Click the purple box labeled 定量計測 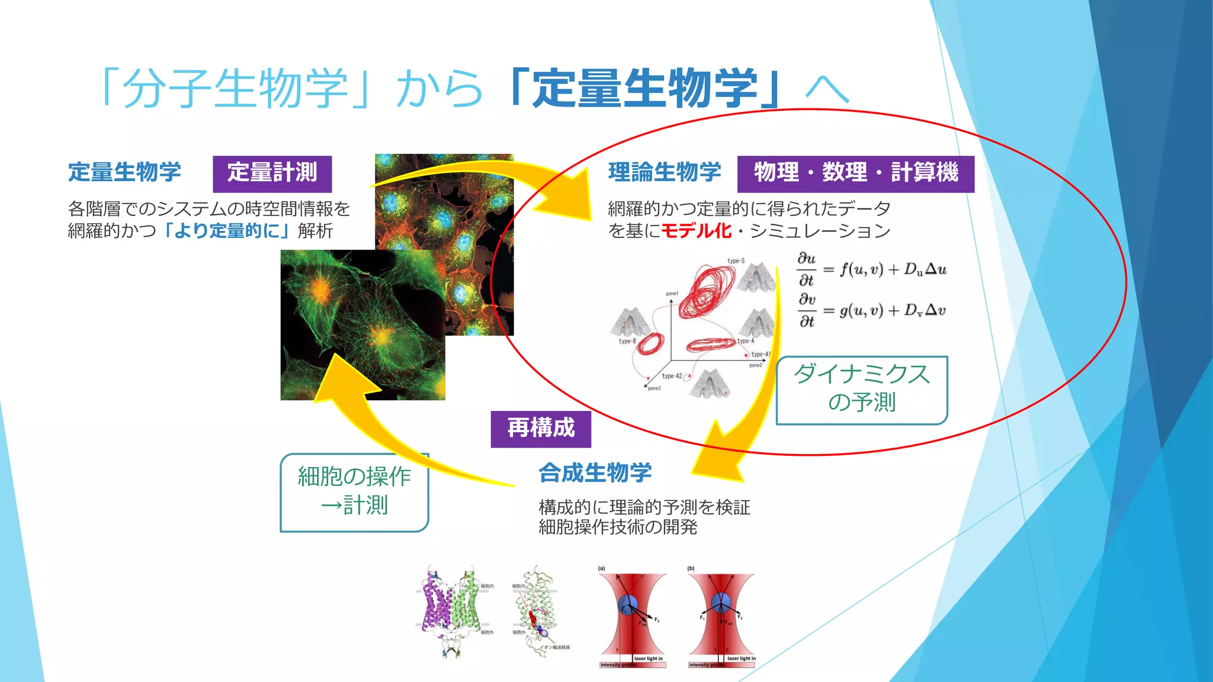272,173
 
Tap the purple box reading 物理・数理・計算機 855,173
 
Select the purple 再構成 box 540,429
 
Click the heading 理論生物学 664,172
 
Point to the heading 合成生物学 595,473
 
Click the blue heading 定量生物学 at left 124,172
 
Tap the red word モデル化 696,231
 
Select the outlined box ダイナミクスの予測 861,390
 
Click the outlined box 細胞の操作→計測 354,492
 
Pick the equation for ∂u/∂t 871,269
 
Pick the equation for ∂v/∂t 871,310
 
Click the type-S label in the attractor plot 736,260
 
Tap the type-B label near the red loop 627,341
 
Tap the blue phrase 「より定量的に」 225,231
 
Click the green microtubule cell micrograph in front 362,324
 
